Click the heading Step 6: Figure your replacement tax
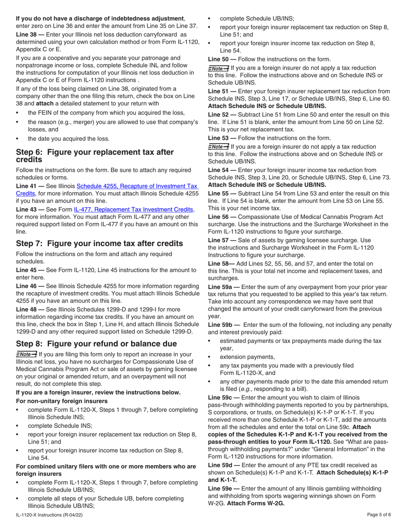pos(88,156)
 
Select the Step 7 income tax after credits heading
pos(99,243)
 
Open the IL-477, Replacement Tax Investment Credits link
pos(134,209)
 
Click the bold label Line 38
pos(30,34)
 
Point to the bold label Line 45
pos(30,270)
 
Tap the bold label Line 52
pos(222,114)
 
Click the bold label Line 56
pos(222,216)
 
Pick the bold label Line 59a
pos(223,287)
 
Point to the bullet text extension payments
pos(247,357)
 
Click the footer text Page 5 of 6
pos(379,515)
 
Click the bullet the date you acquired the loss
pos(69,138)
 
